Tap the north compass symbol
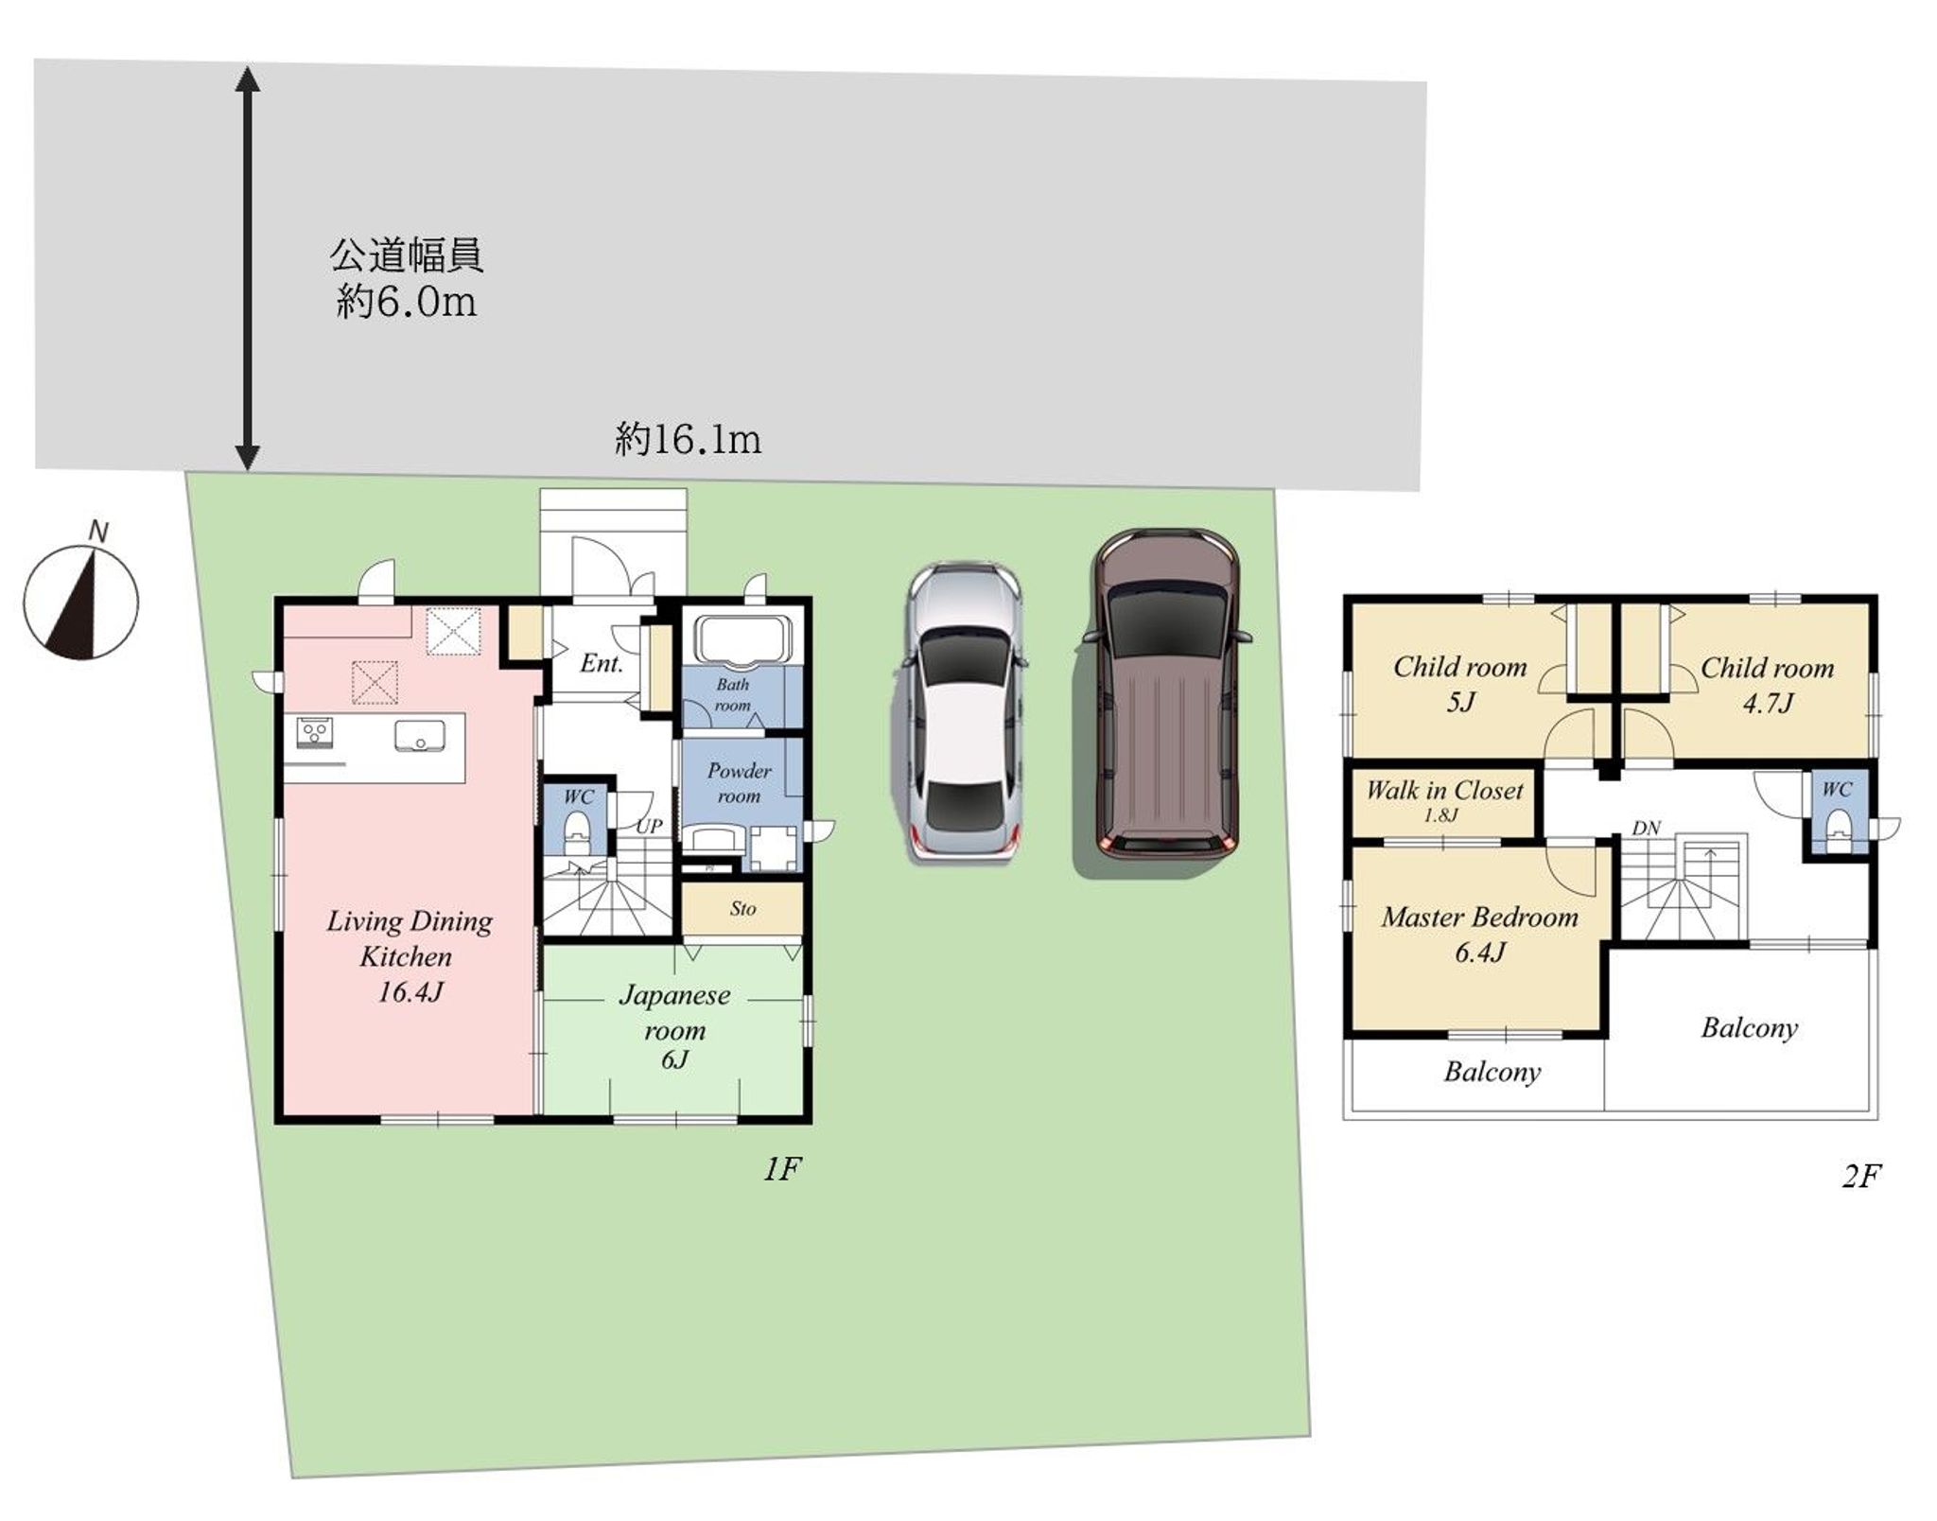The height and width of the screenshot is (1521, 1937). tap(81, 601)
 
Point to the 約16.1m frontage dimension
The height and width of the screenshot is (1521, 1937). tap(688, 441)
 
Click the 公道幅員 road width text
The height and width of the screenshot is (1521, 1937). tap(407, 256)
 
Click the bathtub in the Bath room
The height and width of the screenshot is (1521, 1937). tap(742, 638)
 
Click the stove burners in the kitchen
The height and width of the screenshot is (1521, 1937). tap(315, 731)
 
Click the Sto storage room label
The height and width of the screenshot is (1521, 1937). tap(742, 909)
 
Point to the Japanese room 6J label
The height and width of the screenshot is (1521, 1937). tap(674, 1026)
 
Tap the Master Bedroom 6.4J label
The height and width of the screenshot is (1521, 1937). tap(1479, 933)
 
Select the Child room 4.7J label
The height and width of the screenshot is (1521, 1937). tap(1767, 684)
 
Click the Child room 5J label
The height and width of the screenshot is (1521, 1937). tap(1459, 683)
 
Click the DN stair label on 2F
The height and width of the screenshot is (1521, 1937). tap(1646, 828)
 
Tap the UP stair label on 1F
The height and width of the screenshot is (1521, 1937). tap(649, 826)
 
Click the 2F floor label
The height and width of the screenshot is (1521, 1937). tap(1860, 1176)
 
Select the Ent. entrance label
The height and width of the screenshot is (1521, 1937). tap(602, 663)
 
